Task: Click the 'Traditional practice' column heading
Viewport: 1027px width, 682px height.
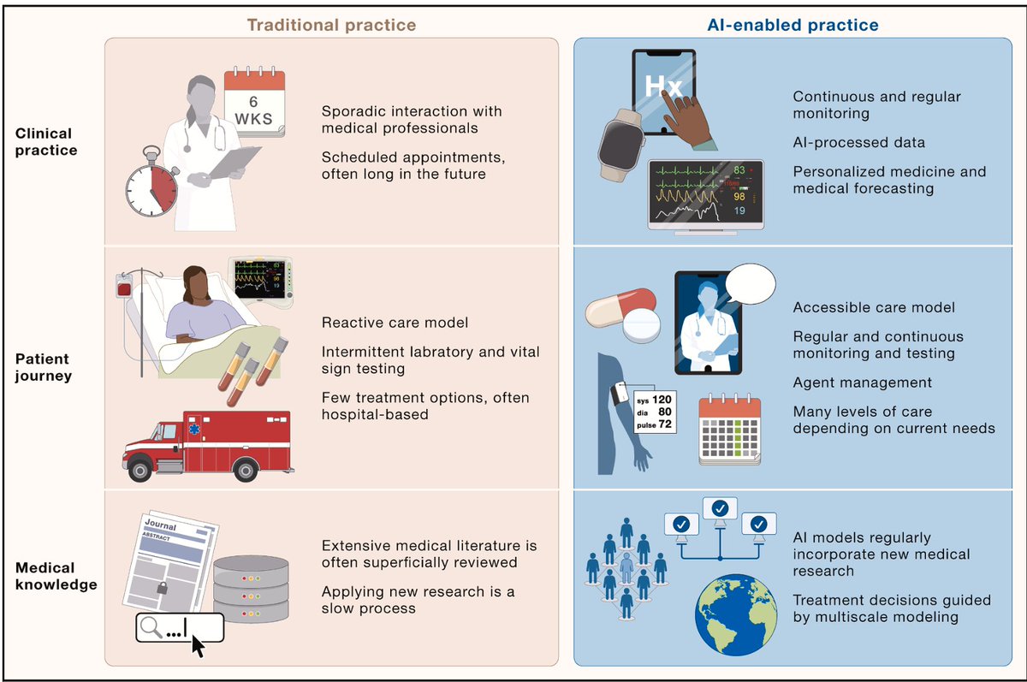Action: tap(331, 25)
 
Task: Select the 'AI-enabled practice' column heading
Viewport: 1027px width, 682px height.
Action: tap(793, 25)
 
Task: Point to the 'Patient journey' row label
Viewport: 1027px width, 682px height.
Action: tap(42, 368)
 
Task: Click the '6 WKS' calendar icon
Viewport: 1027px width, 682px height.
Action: tap(254, 100)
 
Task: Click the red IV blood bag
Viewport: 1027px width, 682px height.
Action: tap(125, 288)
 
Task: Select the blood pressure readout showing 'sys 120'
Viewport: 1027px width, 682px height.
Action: tap(651, 411)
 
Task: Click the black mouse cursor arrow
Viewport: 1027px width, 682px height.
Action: tap(198, 645)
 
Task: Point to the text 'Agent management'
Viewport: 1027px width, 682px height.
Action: tap(863, 383)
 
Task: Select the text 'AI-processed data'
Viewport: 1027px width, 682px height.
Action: tap(858, 142)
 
